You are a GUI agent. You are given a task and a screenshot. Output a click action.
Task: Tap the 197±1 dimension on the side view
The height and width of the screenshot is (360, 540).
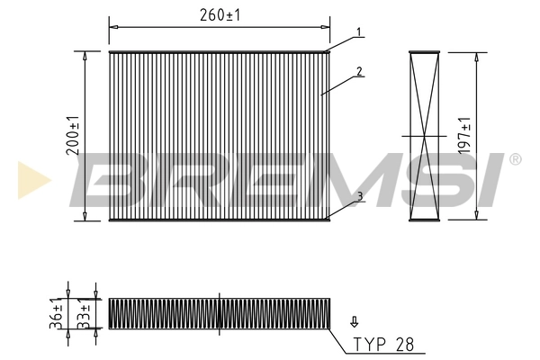click(x=463, y=136)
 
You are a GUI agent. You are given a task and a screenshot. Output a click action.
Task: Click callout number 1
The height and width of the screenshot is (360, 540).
click(x=358, y=32)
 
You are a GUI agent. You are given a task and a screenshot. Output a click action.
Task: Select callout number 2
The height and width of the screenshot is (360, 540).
click(x=358, y=70)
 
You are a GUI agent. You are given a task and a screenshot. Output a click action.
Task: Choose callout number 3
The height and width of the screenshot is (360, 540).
click(x=358, y=195)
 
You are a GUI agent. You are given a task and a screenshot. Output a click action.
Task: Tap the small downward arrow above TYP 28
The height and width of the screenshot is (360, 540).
click(x=354, y=320)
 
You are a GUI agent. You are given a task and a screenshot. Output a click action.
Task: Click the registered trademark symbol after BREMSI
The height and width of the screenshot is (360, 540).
click(x=515, y=159)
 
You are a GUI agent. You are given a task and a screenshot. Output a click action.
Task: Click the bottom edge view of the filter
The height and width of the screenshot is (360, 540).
click(x=220, y=311)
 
